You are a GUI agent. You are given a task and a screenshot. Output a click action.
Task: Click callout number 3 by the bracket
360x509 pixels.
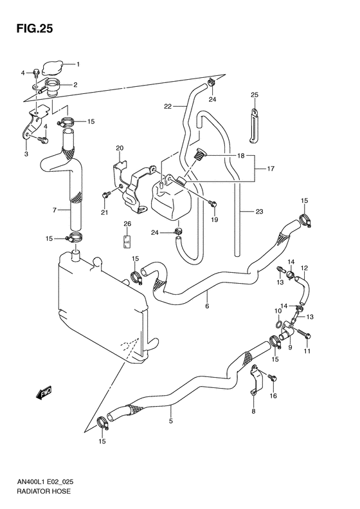pos(26,154)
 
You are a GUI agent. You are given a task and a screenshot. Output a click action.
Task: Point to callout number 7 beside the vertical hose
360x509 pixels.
pos(55,209)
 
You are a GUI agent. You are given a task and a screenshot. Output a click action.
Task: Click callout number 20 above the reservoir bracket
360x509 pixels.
pos(120,149)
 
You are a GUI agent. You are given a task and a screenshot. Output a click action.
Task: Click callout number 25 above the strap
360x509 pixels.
pos(254,95)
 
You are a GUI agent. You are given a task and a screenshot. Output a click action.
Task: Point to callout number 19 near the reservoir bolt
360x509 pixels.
pos(215,219)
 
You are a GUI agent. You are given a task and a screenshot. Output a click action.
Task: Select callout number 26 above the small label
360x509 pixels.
pos(127,225)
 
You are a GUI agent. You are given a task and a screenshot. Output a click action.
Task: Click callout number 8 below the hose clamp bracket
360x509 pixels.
pos(253,411)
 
